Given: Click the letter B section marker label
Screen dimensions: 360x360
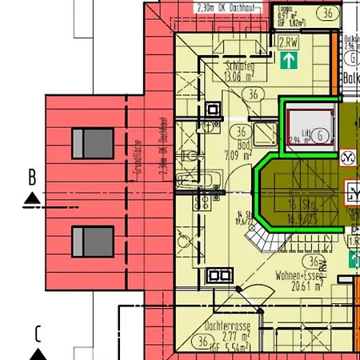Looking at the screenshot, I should [x=32, y=177].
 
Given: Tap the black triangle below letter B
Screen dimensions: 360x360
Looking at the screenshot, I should [x=31, y=198].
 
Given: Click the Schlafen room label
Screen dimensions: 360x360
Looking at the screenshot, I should [x=240, y=67].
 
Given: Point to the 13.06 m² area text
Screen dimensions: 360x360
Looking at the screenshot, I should [x=240, y=78].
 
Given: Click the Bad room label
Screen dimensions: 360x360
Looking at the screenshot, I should [x=239, y=145].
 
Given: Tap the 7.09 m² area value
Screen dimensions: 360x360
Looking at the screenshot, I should [x=239, y=155].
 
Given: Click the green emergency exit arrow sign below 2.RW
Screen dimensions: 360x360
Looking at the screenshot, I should [x=288, y=59].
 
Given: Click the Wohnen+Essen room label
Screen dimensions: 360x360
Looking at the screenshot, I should [x=299, y=274].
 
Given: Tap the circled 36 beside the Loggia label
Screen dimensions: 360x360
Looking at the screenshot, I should [x=326, y=13].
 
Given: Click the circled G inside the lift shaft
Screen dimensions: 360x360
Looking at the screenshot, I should [x=320, y=135].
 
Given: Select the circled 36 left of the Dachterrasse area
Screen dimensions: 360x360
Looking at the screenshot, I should [x=200, y=342].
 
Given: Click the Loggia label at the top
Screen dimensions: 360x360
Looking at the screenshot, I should [x=285, y=7].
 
